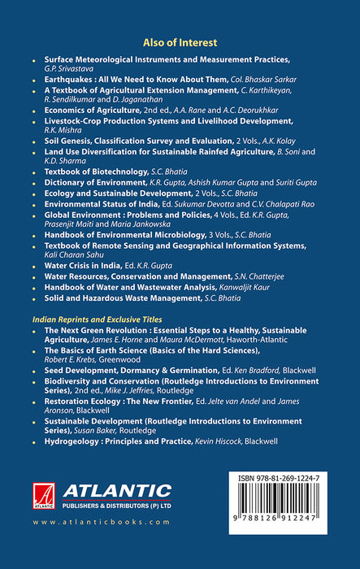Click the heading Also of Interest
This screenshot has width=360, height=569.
[180, 42]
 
